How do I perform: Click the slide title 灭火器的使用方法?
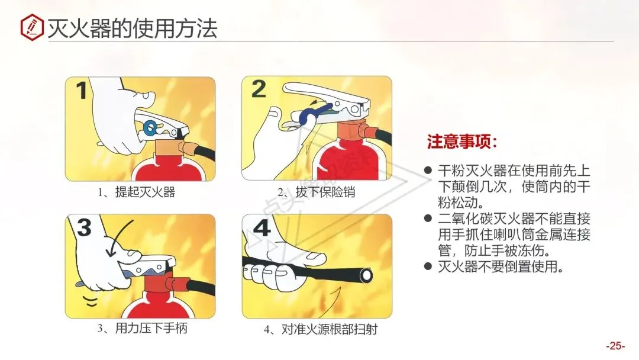pos(133,28)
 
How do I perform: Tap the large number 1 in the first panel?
pos(82,91)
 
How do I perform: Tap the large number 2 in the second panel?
pos(259,88)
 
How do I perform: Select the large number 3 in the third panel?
pos(85,227)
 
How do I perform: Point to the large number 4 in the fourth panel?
pos(262,227)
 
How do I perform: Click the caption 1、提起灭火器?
pos(137,192)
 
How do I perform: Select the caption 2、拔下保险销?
pos(316,192)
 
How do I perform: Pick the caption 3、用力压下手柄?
pos(142,328)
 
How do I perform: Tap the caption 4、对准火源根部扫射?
pos(321,329)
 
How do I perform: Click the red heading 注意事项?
pos(461,142)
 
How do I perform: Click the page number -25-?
pos(615,346)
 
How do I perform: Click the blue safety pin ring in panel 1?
pos(150,127)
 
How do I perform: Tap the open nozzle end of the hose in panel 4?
pos(366,275)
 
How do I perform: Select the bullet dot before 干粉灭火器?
pos(428,170)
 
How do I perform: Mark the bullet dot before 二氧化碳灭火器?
pos(428,218)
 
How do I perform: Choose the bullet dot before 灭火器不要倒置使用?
pos(428,266)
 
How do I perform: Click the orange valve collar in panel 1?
pos(168,147)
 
